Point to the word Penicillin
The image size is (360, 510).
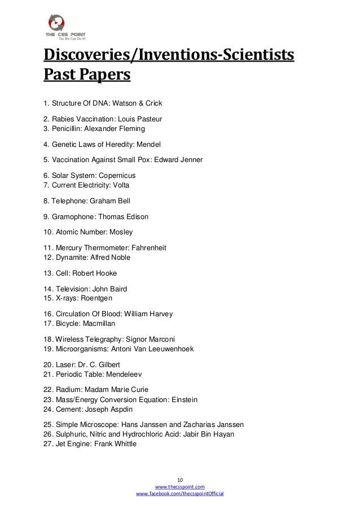68,128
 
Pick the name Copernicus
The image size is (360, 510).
116,176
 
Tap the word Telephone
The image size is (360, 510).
69,200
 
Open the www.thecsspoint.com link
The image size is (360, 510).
179,486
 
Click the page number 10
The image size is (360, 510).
180,478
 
